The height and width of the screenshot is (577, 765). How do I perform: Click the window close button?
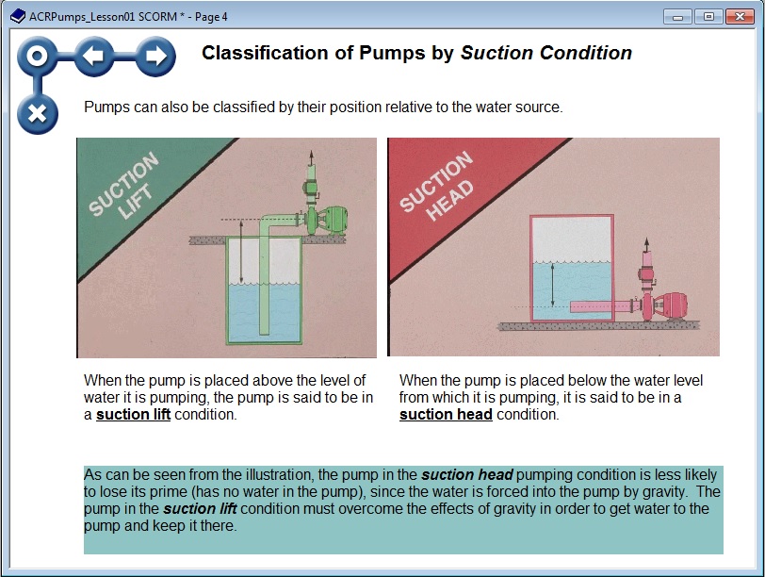click(739, 16)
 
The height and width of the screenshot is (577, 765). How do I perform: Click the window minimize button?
click(677, 16)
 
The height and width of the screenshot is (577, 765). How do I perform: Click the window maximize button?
click(707, 16)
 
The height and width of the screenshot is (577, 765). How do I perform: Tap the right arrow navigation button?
click(155, 58)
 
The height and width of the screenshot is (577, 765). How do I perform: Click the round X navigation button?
click(37, 113)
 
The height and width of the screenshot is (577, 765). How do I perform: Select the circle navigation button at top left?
click(37, 58)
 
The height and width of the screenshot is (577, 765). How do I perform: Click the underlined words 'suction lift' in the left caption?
click(133, 414)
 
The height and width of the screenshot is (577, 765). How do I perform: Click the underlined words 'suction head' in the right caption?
click(446, 414)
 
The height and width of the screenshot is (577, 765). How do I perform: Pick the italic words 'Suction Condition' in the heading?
click(545, 53)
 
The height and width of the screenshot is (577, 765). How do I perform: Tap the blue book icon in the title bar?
click(17, 16)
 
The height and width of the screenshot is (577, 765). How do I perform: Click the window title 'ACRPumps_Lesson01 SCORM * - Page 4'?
click(128, 17)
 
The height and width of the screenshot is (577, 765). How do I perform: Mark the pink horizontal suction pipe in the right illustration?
click(604, 305)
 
